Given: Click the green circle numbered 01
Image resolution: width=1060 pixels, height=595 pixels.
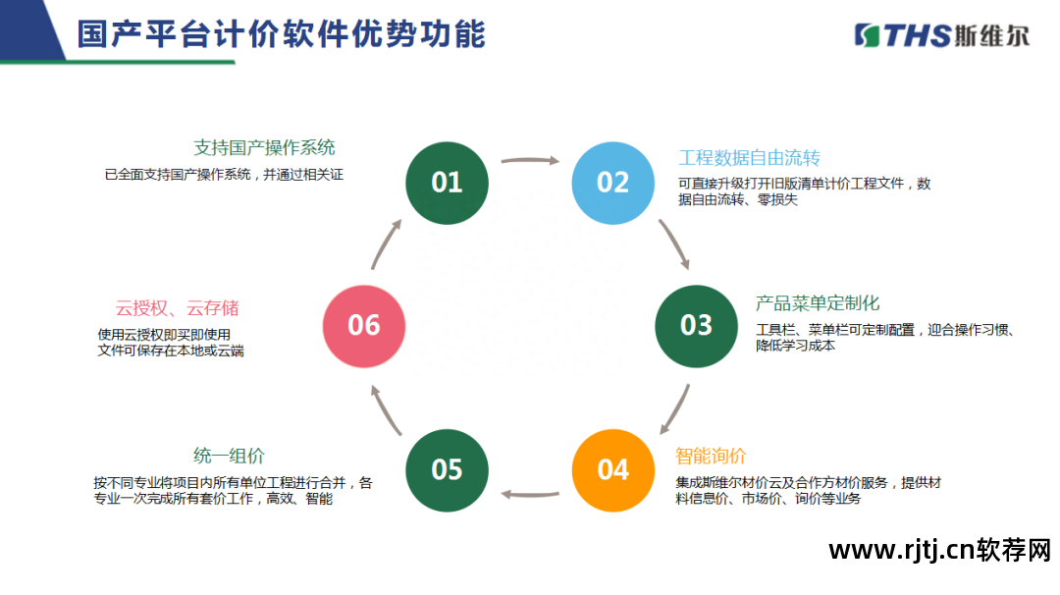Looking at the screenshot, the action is click(x=447, y=183).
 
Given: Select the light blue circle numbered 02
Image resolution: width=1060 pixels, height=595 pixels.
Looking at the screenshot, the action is click(x=613, y=183).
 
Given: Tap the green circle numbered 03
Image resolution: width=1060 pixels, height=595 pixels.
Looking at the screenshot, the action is click(x=696, y=326).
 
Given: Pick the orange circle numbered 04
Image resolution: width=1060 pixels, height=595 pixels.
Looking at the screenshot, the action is click(x=613, y=470).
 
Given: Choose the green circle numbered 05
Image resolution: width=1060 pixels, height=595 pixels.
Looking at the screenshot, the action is click(x=447, y=470).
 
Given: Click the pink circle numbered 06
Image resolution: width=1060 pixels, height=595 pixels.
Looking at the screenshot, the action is click(x=364, y=326).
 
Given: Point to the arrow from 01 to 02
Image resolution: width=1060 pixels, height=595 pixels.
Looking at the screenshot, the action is click(x=530, y=160).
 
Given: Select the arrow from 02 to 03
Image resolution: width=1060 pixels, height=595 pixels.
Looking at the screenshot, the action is click(x=674, y=243).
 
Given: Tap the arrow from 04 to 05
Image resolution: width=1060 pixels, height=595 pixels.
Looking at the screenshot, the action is click(x=530, y=494).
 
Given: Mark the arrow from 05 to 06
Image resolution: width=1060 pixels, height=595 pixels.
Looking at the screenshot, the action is click(x=386, y=409).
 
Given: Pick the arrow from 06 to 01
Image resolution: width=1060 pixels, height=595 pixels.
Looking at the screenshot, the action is click(x=386, y=244).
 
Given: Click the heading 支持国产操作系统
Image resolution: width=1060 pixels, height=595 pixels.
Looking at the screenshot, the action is click(x=264, y=147).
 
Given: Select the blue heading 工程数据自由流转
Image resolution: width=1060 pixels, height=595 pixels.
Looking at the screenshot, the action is click(x=749, y=157).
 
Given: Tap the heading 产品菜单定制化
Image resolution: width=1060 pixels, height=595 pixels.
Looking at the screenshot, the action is click(x=818, y=303).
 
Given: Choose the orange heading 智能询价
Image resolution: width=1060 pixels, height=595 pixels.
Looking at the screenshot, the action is click(x=711, y=456).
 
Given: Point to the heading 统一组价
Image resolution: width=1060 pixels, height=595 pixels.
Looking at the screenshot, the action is click(x=229, y=456).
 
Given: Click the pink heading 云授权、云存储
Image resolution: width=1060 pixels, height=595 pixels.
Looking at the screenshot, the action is click(x=177, y=308).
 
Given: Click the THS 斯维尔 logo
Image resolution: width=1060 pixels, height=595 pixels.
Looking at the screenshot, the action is click(x=941, y=35).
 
